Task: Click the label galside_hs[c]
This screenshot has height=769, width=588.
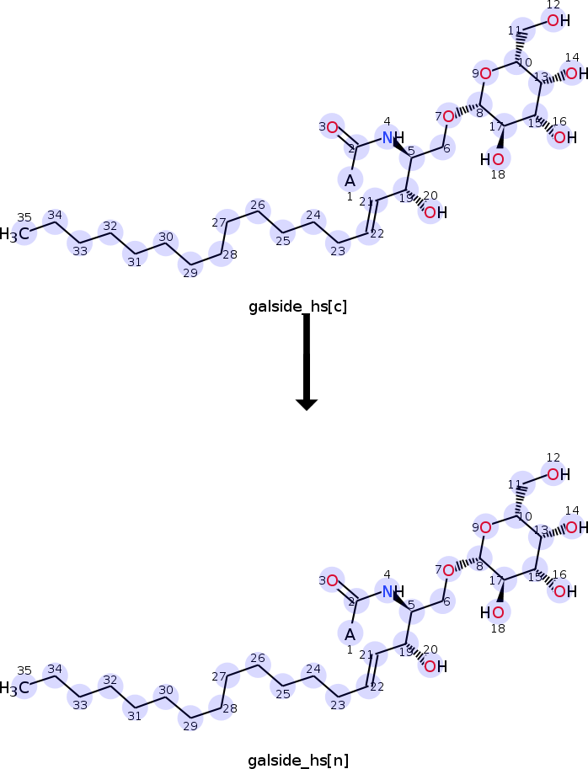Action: (x=297, y=307)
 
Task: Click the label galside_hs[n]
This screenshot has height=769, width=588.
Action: (x=297, y=761)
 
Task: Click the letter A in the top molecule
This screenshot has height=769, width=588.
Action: (x=350, y=179)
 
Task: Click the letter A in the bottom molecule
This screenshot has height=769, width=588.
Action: (x=350, y=633)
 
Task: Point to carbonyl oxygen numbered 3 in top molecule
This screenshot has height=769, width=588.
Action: (x=332, y=127)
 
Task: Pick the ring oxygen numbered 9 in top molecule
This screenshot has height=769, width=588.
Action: (x=485, y=73)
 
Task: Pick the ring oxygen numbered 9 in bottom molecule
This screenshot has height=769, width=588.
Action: (x=485, y=527)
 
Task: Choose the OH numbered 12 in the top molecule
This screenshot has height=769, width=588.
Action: (x=557, y=21)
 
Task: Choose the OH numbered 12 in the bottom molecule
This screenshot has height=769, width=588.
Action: (x=557, y=475)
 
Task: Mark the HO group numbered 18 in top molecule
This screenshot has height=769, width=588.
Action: (x=494, y=158)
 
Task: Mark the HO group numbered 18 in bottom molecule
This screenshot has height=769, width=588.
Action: (x=494, y=612)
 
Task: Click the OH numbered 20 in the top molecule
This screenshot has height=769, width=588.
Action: (x=434, y=212)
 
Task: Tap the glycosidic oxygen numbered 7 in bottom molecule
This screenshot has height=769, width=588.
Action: (x=448, y=570)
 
